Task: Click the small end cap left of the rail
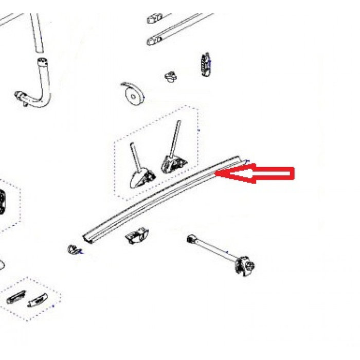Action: (x=73, y=250)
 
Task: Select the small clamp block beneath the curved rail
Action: (x=137, y=237)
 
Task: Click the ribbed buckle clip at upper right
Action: (x=205, y=64)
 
